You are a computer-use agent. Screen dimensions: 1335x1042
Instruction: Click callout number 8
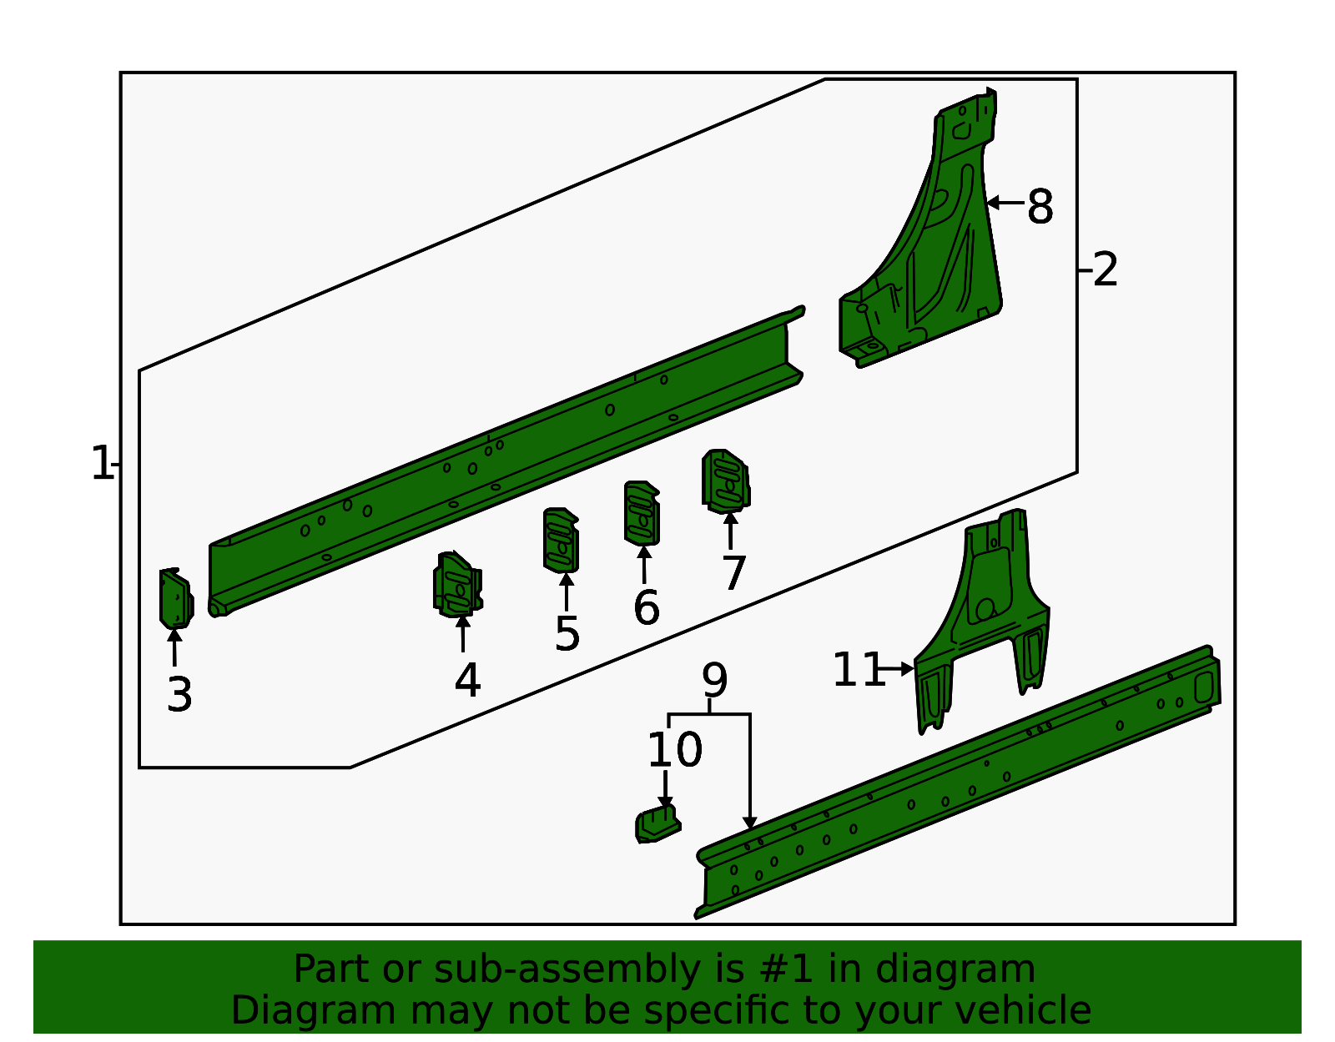click(x=1040, y=207)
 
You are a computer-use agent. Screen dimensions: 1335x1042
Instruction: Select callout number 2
click(x=1106, y=269)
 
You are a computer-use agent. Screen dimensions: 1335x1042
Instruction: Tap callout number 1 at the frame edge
click(x=101, y=464)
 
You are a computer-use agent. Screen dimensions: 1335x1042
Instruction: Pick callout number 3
click(x=179, y=695)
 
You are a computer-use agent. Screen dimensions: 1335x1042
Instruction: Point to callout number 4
click(x=467, y=680)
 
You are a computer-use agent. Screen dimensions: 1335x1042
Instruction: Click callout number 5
click(x=567, y=634)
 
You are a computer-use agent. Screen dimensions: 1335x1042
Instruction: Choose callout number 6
click(x=647, y=607)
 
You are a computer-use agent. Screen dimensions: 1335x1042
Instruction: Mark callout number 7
click(x=733, y=572)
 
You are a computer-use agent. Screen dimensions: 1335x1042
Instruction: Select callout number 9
click(x=714, y=680)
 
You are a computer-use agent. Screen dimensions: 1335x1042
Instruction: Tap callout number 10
click(x=674, y=750)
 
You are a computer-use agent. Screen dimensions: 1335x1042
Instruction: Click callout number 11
click(x=859, y=669)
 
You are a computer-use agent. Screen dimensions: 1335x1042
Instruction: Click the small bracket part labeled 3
click(x=176, y=598)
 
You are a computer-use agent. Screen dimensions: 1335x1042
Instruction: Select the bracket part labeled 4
click(x=458, y=584)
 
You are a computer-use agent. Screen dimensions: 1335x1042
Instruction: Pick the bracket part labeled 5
click(x=561, y=540)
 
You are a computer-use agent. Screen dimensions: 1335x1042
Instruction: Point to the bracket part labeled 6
click(x=642, y=513)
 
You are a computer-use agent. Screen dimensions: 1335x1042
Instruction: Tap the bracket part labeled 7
click(x=726, y=481)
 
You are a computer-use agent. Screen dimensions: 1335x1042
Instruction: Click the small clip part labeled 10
click(x=657, y=824)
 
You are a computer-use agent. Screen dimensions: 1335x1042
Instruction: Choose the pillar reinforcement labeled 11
click(x=982, y=620)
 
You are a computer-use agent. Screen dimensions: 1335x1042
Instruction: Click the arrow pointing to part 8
click(x=1005, y=202)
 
